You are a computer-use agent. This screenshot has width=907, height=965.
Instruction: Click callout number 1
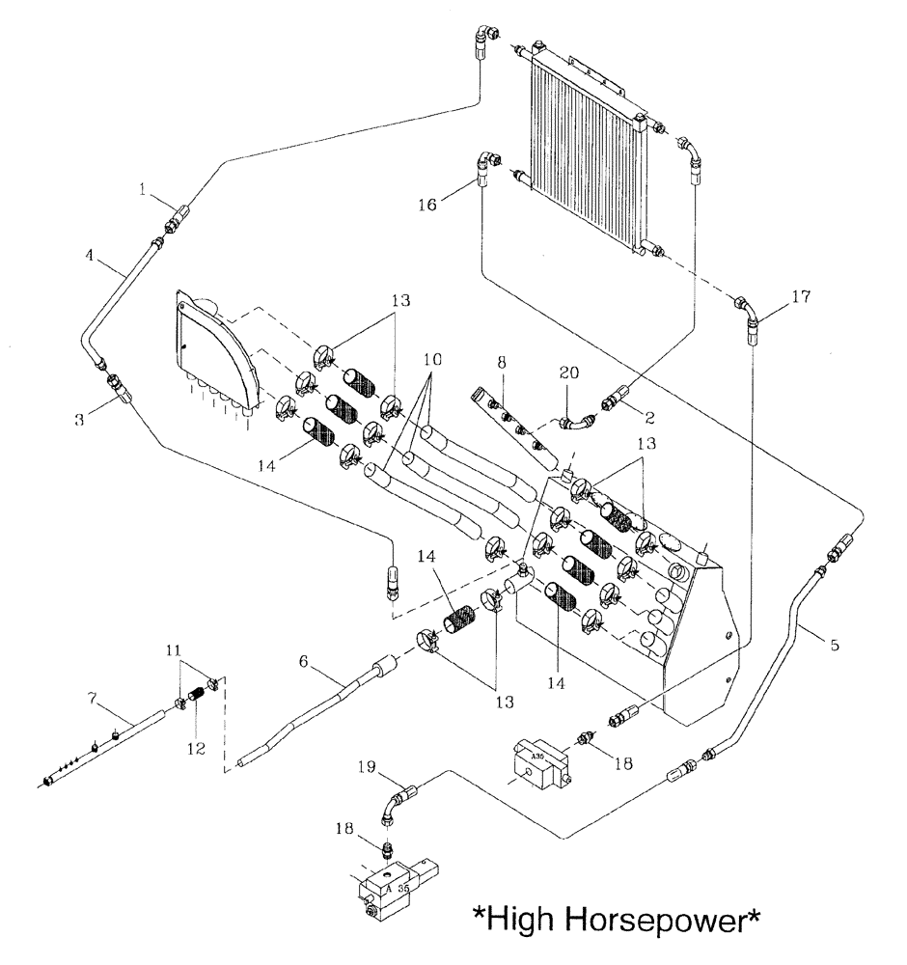142,191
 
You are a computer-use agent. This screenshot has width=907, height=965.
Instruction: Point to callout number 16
428,205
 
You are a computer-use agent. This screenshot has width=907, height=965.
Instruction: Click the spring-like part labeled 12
197,691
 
